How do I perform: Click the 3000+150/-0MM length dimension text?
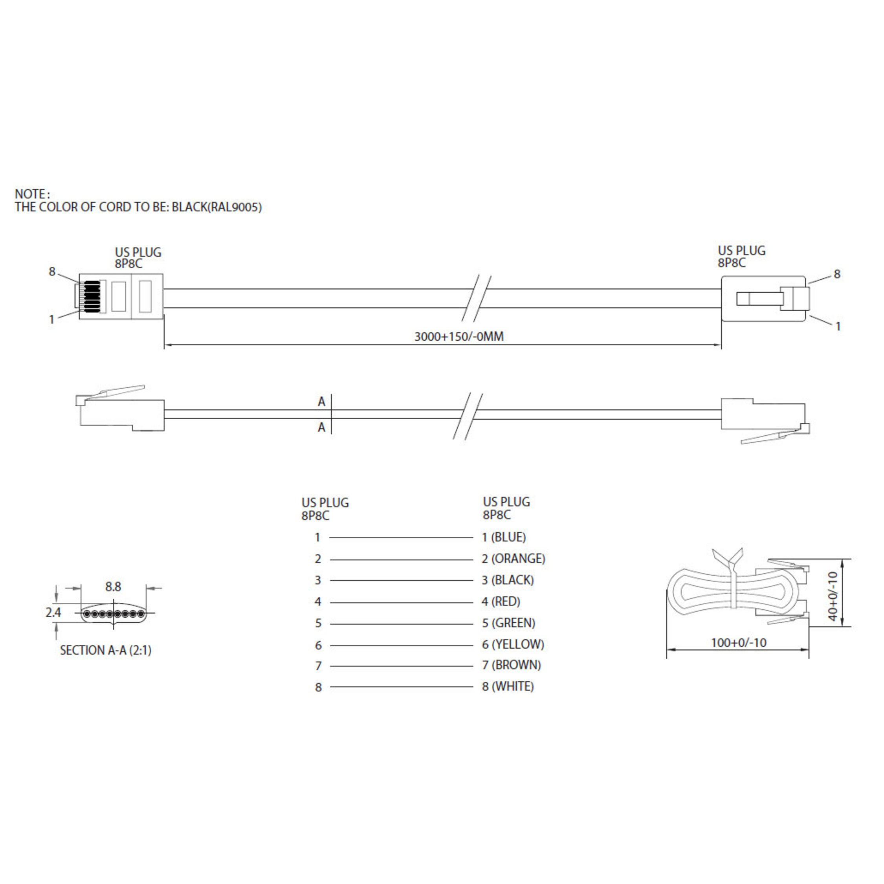point(459,337)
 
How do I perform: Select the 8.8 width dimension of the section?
point(113,587)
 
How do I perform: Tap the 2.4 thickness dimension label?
point(53,612)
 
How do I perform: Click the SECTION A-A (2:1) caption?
point(106,650)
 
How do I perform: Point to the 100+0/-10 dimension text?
point(739,642)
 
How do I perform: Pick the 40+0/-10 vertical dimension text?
point(833,596)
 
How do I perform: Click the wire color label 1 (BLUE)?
point(504,537)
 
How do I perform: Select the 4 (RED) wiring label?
point(501,601)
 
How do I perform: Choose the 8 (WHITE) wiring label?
point(508,686)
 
